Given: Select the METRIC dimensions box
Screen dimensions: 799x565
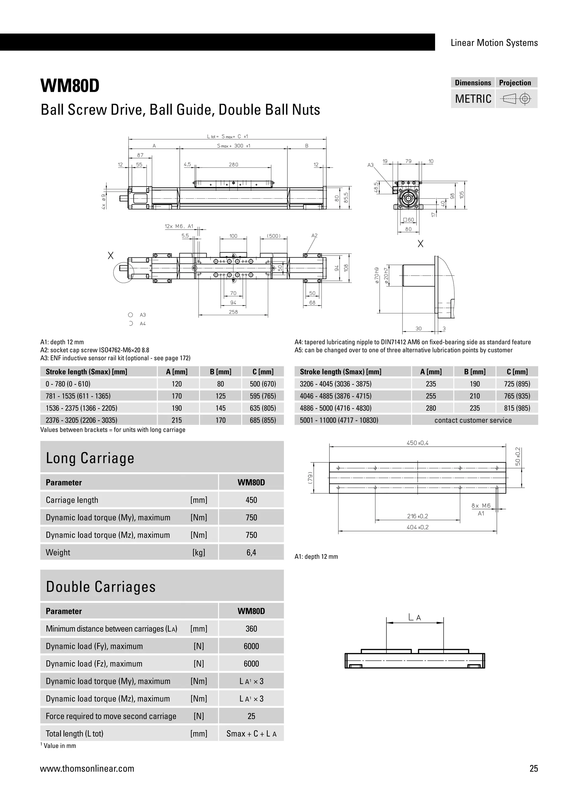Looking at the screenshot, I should [x=473, y=99].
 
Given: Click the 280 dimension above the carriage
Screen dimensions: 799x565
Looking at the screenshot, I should [x=233, y=165].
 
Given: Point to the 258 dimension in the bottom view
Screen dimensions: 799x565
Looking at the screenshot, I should [x=233, y=312].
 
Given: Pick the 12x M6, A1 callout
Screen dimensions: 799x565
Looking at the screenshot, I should [x=179, y=226].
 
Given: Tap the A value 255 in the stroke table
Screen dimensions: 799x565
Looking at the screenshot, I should [x=431, y=396].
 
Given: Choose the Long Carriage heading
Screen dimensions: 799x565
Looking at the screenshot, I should [x=90, y=458].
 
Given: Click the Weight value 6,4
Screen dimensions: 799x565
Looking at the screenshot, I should [x=251, y=553].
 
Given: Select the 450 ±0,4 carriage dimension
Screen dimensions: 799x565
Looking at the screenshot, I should [x=417, y=443].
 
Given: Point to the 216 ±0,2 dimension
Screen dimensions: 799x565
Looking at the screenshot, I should [x=417, y=516].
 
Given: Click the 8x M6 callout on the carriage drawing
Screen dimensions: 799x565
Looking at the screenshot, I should [x=481, y=506].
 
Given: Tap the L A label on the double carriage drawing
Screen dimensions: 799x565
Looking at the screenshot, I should [x=415, y=618].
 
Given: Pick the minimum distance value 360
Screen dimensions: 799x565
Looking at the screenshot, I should [x=251, y=629].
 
